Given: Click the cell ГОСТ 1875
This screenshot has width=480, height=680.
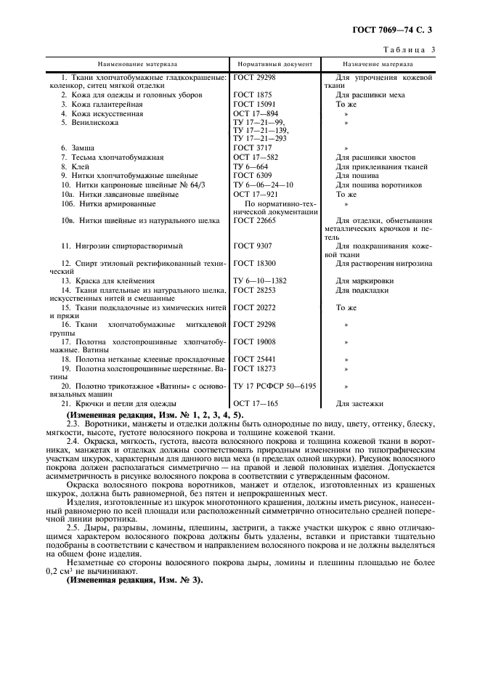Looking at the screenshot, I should click(x=253, y=95).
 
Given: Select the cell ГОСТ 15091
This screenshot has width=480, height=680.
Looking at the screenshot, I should click(x=255, y=105).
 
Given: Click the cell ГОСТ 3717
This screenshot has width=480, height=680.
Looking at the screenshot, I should click(x=253, y=147).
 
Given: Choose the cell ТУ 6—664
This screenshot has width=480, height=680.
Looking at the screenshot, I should click(x=251, y=166).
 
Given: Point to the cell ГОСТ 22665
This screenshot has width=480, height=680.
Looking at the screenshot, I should click(x=255, y=220).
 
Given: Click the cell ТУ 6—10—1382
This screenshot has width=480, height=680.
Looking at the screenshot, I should click(x=261, y=280).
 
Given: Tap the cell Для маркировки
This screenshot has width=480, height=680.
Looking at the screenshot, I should click(x=365, y=280).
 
